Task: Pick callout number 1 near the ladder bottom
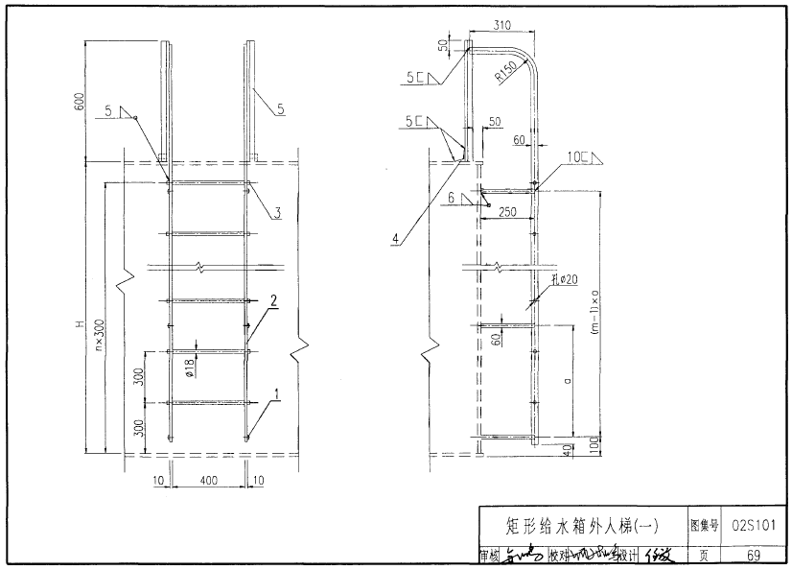(x=277, y=392)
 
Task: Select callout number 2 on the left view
(x=273, y=300)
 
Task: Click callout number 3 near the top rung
(x=276, y=213)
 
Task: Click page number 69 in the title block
(x=753, y=555)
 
